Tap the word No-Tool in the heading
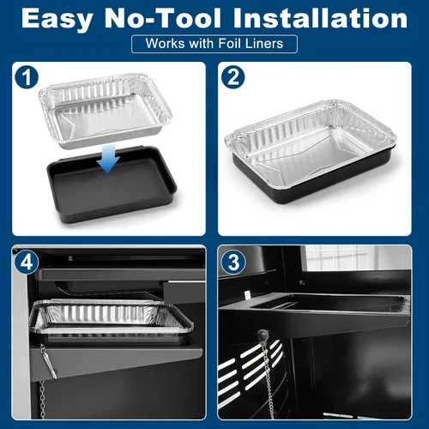coord(163,18)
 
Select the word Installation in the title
coord(320,18)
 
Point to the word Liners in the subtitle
coord(264,44)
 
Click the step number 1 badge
coord(27,77)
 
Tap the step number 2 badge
coord(233,77)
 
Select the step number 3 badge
coord(233,263)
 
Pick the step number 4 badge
coord(27,263)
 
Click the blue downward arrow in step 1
coord(108,158)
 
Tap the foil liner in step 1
coord(106,111)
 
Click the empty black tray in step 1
coord(112,187)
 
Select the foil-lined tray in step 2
coord(311,151)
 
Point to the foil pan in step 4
coord(111,317)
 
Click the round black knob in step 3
coord(263,335)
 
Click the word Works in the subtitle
coord(165,44)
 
